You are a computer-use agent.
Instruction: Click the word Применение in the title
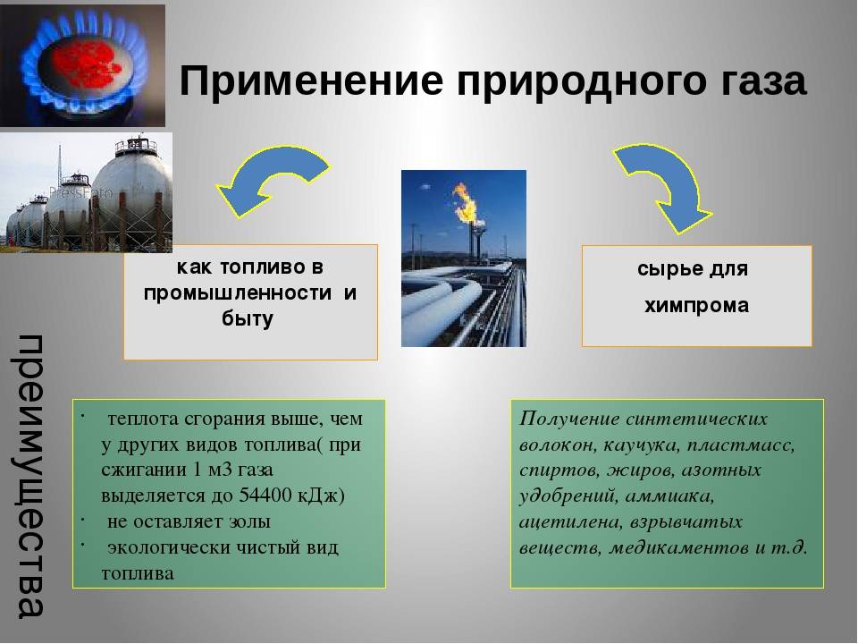(311, 80)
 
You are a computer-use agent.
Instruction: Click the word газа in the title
(757, 80)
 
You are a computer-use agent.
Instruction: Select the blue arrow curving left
(272, 180)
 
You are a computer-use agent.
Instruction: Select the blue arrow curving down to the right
(665, 186)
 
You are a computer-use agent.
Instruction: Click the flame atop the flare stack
(467, 203)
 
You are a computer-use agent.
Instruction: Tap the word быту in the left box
(248, 318)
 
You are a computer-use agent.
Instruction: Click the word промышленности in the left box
(238, 293)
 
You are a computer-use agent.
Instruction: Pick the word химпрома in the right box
(696, 306)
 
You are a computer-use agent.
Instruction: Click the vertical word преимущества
(30, 475)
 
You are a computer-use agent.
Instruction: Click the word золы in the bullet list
(249, 521)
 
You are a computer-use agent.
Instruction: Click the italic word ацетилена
(570, 521)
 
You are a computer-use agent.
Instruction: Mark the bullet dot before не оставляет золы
(82, 518)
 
